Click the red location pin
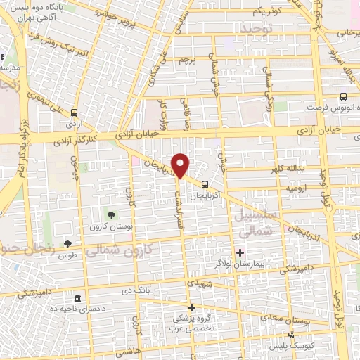tap(181, 165)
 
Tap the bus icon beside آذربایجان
tap(205, 179)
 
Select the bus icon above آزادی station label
tap(75, 112)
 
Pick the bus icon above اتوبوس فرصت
tap(343, 97)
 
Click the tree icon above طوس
tap(67, 244)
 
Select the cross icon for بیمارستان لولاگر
tap(240, 252)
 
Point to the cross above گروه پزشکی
tap(191, 307)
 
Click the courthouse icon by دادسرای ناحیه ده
tap(77, 299)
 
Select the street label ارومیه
tap(295, 188)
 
